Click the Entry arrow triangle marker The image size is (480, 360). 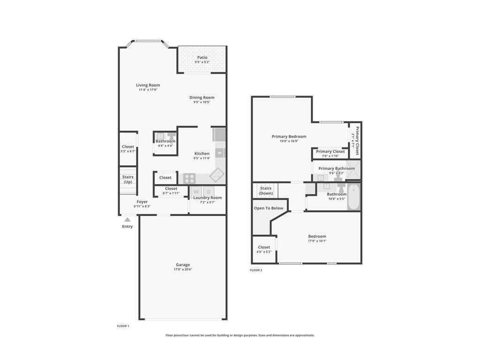point(127,219)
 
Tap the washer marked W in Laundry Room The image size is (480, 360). point(196,191)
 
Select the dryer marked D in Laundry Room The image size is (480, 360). point(209,191)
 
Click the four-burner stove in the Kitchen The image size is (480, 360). point(189,178)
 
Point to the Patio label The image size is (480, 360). point(202,57)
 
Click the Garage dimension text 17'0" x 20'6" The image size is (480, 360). point(183,270)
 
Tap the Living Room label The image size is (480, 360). point(148,85)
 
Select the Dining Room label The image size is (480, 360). point(202,97)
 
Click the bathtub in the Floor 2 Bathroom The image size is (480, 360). point(354,197)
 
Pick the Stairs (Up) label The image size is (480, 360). point(128,180)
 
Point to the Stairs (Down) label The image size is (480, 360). point(266,191)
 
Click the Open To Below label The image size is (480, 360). point(269,208)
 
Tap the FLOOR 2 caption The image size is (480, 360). point(256,270)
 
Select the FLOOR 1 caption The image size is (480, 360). point(123,326)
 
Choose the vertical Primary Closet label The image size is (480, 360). point(357,141)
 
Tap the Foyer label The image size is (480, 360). point(142,202)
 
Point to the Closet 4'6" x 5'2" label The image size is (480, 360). point(264,247)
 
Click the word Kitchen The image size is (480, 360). point(202,153)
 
